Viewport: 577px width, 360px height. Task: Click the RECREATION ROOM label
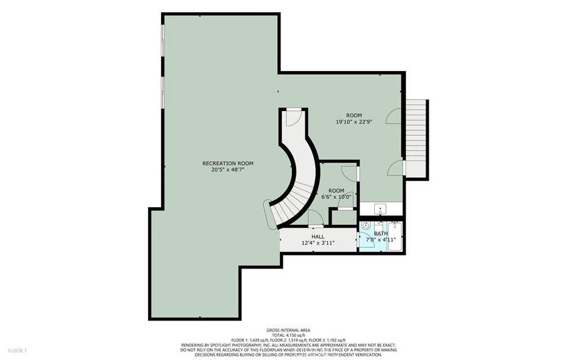228,163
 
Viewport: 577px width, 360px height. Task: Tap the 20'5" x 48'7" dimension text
228,170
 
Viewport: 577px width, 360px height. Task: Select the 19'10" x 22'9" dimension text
354,122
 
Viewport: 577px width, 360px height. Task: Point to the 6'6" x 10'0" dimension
336,197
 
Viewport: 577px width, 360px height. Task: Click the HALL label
318,236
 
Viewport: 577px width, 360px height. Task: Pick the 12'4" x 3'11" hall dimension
318,243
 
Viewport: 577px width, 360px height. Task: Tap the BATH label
381,233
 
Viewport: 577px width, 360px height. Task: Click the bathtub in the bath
396,236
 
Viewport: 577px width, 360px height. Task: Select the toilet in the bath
366,225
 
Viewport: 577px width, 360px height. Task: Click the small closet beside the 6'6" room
343,217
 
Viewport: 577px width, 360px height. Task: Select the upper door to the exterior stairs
394,116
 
